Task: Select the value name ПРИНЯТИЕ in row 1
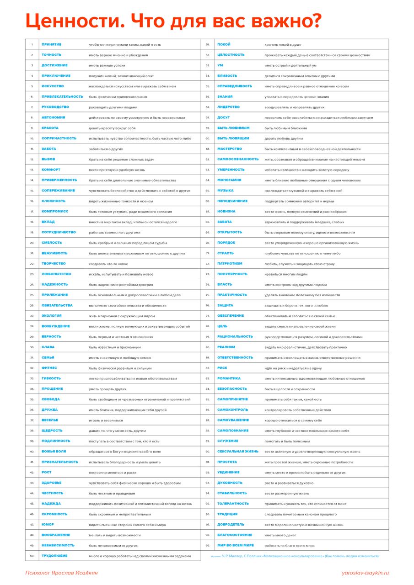[x=51, y=44]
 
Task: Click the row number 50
[x=32, y=556]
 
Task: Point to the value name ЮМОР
[x=48, y=524]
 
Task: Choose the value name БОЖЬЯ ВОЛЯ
[x=54, y=451]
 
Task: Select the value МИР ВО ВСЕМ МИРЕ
[x=235, y=545]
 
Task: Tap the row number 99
[x=208, y=545]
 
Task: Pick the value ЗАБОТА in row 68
[x=224, y=222]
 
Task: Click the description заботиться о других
[x=106, y=149]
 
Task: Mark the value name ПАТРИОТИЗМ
[x=230, y=263]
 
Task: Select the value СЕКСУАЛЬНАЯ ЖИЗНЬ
[x=237, y=451]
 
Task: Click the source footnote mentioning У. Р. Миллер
[x=295, y=556]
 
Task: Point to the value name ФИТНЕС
[x=49, y=367]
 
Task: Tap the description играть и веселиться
[x=106, y=420]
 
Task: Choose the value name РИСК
[x=222, y=367]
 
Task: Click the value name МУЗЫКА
[x=225, y=190]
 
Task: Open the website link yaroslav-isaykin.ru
[x=365, y=573]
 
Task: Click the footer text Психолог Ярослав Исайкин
[x=61, y=573]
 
